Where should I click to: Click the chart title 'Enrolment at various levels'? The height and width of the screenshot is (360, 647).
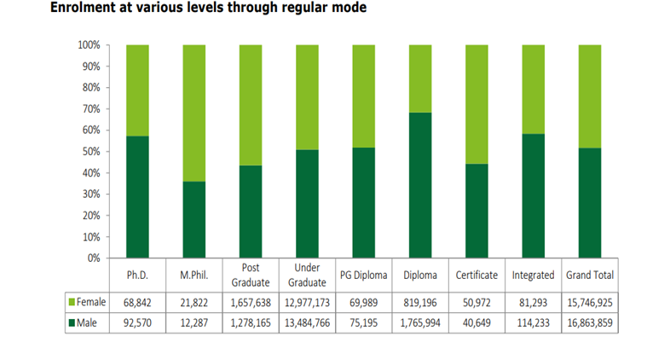tap(208, 9)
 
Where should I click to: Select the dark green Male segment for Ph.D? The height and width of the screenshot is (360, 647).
tap(137, 196)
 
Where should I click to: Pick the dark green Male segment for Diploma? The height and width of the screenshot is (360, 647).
tap(420, 184)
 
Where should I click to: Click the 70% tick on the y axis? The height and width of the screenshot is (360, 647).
tap(91, 109)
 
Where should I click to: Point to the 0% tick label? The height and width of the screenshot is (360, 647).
tap(93, 258)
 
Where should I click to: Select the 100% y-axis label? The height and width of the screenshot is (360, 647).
tap(89, 45)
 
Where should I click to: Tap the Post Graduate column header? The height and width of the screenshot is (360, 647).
tap(250, 275)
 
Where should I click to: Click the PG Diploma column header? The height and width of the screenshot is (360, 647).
tap(363, 276)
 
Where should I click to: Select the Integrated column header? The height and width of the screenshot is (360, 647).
tap(533, 276)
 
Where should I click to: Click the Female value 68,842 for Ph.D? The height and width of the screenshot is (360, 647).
tap(137, 303)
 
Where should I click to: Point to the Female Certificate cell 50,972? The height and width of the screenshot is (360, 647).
tap(477, 303)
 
